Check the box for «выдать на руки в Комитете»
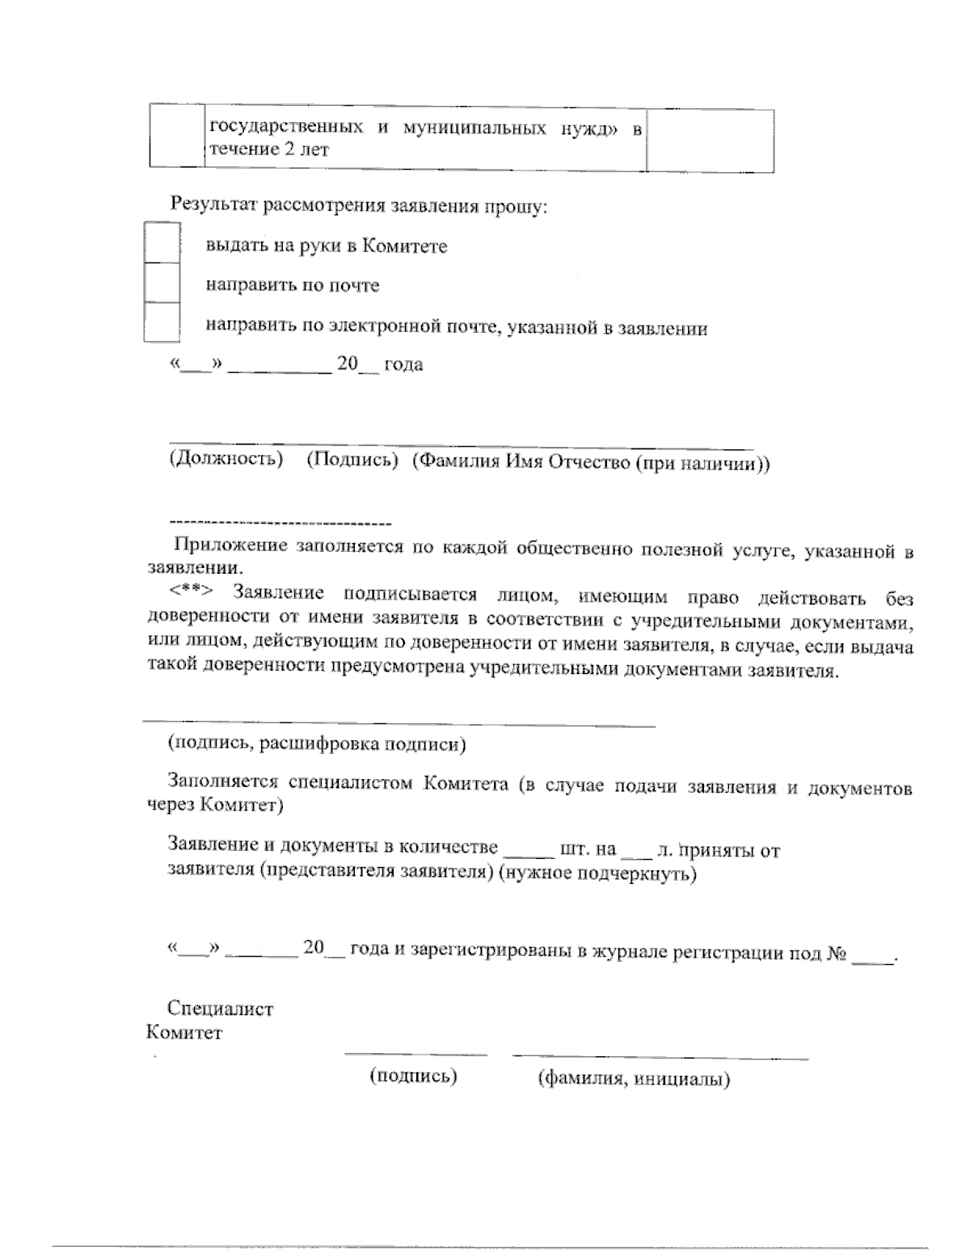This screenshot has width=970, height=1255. pos(162,242)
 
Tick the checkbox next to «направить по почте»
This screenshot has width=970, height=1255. pos(162,283)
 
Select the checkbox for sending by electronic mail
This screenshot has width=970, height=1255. pos(162,323)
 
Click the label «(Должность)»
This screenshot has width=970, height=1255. pos(226,461)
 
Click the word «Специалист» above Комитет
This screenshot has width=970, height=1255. pos(220,1009)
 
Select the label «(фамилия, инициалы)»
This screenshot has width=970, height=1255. pos(634,1080)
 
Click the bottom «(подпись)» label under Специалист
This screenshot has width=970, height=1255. pos(413,1076)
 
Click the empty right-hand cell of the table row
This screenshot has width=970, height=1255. pos(710,141)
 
